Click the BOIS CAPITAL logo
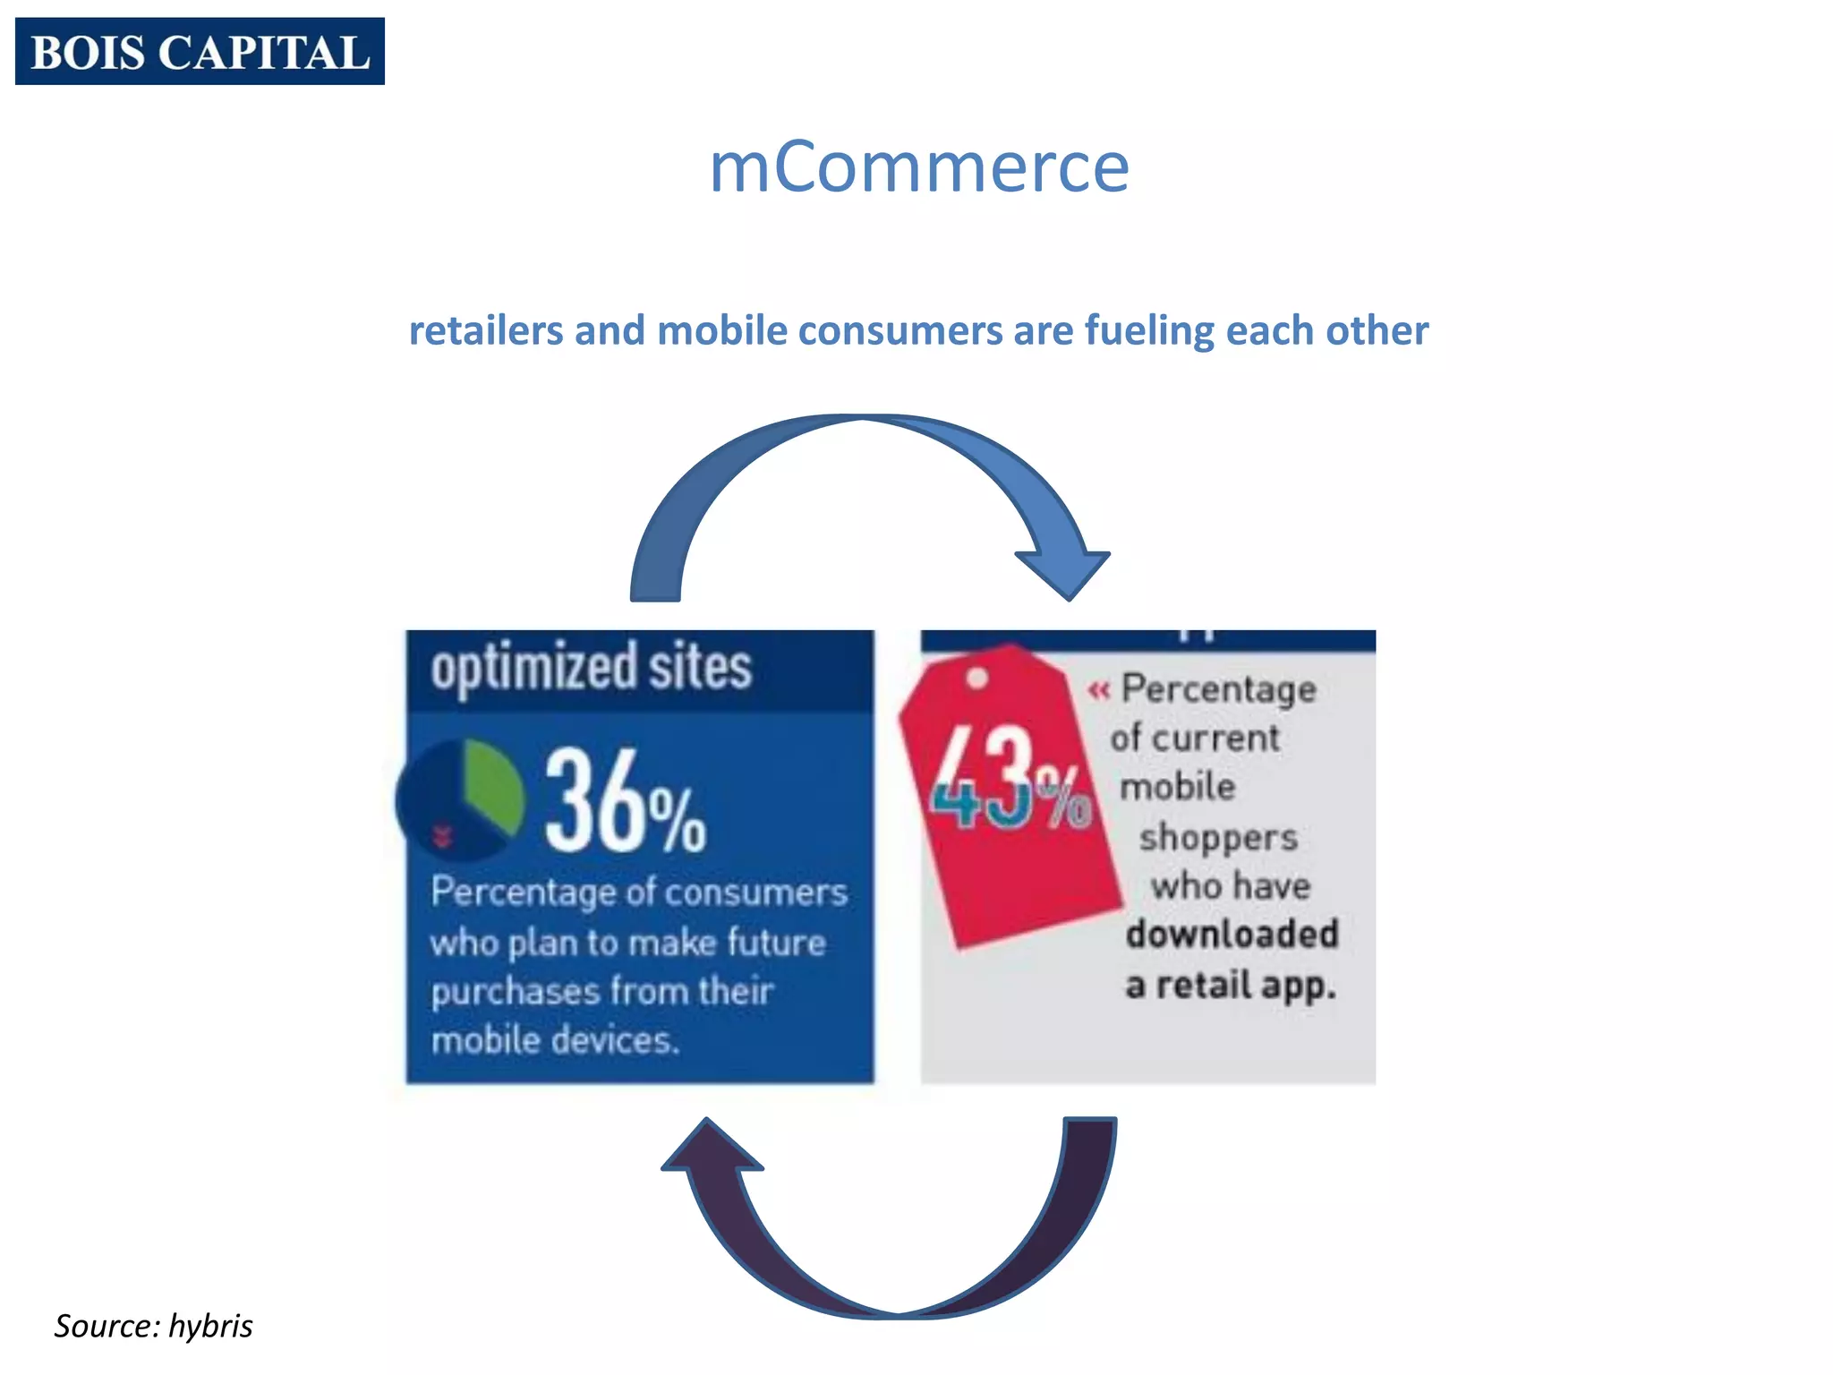point(200,52)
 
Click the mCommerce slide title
point(918,167)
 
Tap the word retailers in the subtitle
point(486,330)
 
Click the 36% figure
point(624,802)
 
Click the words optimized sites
point(591,669)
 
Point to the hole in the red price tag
point(977,678)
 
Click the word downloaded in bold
point(1232,935)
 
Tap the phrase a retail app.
point(1231,986)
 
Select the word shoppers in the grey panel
point(1217,838)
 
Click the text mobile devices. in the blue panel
point(555,1040)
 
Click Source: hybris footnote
point(153,1326)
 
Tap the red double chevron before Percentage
point(1099,690)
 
